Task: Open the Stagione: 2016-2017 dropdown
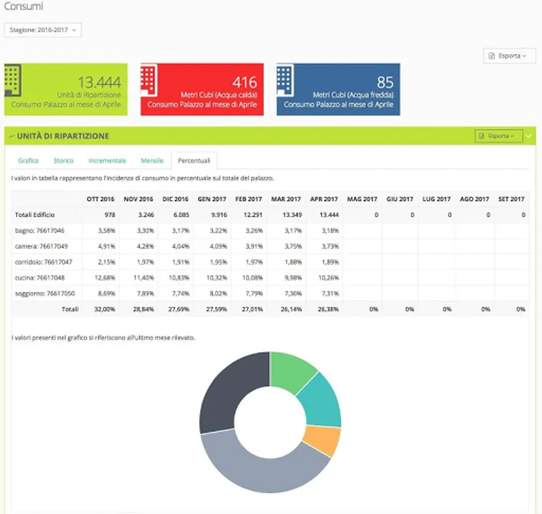(x=43, y=30)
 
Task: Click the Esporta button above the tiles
(x=509, y=56)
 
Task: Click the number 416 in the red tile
(x=244, y=82)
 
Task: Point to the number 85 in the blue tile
(x=385, y=82)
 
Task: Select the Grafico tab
(x=29, y=160)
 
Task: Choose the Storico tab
(x=63, y=160)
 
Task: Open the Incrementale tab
(x=107, y=160)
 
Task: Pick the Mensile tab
(x=152, y=160)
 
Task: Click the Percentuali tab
(x=194, y=160)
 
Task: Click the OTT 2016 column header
(x=100, y=199)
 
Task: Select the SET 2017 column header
(x=511, y=199)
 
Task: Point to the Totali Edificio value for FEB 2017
(x=249, y=215)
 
